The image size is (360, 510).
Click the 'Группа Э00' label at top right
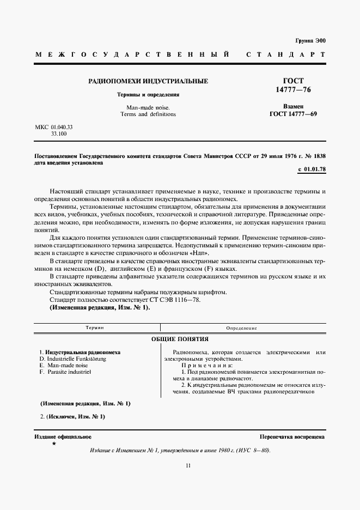310,41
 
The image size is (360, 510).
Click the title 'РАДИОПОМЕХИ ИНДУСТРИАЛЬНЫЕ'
148,81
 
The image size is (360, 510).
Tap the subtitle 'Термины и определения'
149,94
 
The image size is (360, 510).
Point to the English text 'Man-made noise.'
148,107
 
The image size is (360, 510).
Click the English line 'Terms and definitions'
148,114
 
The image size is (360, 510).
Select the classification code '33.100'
59,133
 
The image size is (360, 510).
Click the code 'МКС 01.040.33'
54,126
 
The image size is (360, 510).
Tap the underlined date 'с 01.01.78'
312,170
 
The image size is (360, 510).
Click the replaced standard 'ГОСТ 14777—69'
293,114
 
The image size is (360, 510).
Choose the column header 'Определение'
242,328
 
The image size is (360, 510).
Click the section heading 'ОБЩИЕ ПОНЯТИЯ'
180,339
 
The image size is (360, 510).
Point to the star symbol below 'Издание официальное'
53,444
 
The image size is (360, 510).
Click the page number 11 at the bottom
188,465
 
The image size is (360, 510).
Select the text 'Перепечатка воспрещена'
292,436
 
